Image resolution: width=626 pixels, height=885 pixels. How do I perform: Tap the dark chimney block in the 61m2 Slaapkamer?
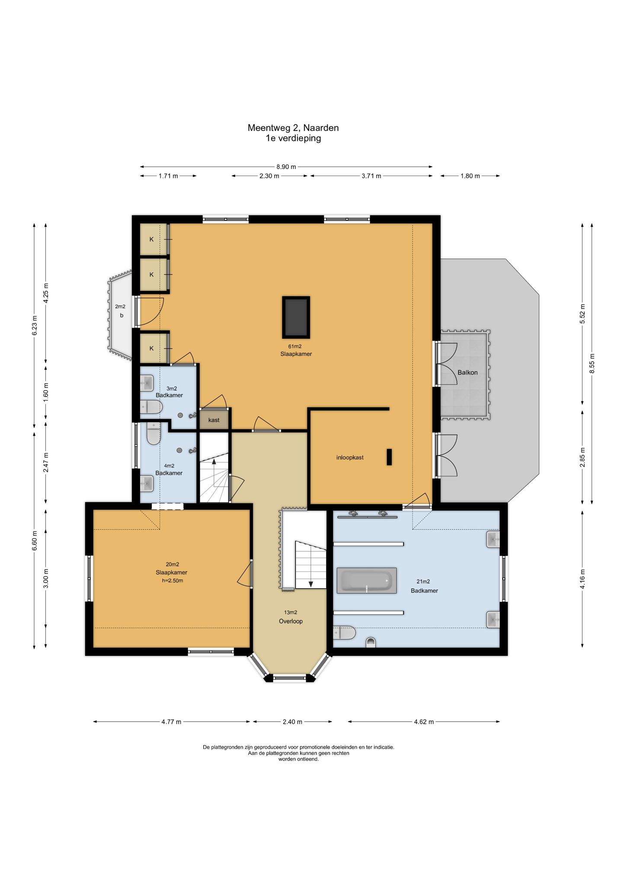coord(296,317)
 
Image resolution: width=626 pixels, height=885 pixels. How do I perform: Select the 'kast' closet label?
coord(214,420)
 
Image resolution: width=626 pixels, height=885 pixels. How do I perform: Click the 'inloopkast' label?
coord(350,457)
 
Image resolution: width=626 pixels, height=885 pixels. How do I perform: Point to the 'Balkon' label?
coord(468,372)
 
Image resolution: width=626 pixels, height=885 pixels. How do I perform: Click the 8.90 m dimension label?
coord(286,166)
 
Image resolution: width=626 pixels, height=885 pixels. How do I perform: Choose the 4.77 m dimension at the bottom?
coord(171,722)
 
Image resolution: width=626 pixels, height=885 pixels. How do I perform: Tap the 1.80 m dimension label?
coord(470,176)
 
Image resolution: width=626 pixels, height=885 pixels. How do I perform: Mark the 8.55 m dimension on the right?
coord(592,363)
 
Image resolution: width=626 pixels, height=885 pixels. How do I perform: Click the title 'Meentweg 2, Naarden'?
coord(293,128)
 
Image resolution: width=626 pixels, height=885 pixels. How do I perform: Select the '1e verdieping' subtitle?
coord(293,138)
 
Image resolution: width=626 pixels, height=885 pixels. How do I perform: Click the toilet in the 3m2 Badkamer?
coord(151,407)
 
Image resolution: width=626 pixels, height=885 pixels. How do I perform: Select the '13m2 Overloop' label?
coord(291,617)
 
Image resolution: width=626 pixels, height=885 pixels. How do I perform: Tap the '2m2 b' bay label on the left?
coord(120,311)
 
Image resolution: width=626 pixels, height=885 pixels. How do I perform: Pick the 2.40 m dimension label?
coord(292,722)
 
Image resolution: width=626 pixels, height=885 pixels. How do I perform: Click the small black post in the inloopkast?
coord(389,457)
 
